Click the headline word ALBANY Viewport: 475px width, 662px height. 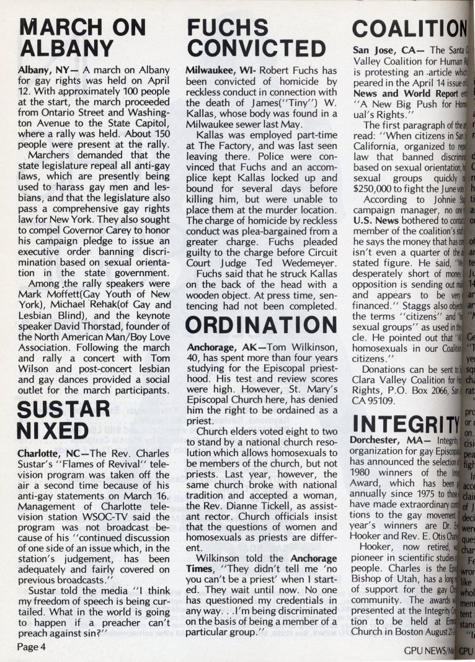pos(68,48)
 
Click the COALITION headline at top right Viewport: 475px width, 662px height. pos(409,27)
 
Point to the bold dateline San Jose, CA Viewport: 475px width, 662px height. pos(381,50)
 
